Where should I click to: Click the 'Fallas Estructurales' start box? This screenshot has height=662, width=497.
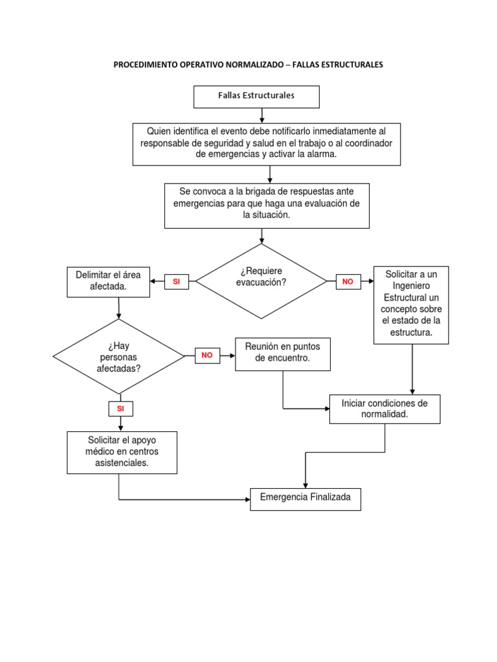256,96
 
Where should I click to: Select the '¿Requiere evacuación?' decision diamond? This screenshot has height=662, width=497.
261,281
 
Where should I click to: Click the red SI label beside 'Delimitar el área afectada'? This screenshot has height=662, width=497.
176,282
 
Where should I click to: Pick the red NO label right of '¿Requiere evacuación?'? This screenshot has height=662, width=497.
348,282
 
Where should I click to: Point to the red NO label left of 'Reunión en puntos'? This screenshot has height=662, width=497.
207,355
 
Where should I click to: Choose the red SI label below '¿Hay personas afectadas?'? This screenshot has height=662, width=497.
120,409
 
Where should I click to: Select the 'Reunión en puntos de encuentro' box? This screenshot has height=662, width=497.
283,354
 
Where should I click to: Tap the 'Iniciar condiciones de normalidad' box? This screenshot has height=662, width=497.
384,409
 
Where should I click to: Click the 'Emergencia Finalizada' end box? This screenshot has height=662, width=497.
305,498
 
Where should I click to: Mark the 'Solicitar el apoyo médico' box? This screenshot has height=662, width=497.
122,452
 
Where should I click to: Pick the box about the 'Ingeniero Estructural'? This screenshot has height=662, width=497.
411,304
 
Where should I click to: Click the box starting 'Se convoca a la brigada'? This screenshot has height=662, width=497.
267,205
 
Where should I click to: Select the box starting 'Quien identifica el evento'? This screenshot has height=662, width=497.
267,144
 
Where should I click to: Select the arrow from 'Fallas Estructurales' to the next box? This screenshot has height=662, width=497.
261,116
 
